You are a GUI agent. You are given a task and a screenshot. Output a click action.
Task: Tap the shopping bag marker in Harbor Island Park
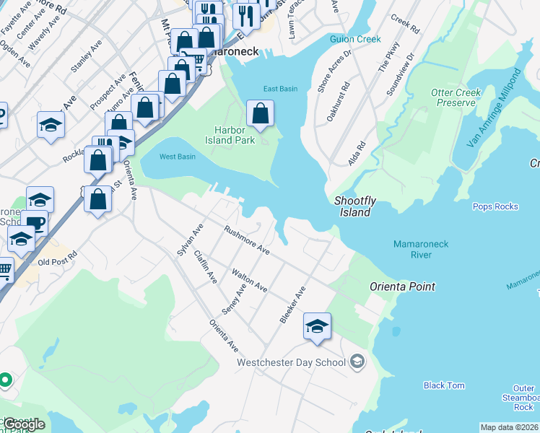pos(260,113)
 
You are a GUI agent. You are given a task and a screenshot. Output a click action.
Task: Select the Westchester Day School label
pos(292,362)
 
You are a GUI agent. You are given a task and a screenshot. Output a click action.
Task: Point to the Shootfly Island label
pos(352,206)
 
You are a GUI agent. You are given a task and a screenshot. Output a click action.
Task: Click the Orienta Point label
pos(402,287)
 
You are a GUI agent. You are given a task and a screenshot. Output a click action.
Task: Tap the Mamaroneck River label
pos(422,250)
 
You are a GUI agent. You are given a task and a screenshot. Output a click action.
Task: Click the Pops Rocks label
pos(495,206)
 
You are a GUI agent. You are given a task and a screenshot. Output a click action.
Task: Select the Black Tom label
pos(444,385)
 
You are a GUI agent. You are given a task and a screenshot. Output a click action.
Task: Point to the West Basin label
pos(178,157)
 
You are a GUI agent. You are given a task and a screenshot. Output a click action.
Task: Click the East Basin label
pos(280,89)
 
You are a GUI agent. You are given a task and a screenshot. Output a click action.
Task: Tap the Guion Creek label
pos(354,39)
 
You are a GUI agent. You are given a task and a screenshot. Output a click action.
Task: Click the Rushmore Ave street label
pos(246,241)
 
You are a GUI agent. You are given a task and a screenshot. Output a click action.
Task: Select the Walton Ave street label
pos(249,281)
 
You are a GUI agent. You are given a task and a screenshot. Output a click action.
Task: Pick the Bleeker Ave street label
pos(292,305)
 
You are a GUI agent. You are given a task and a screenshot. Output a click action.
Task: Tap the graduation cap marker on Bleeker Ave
pos(317,326)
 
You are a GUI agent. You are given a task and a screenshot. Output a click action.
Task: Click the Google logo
pos(23,424)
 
